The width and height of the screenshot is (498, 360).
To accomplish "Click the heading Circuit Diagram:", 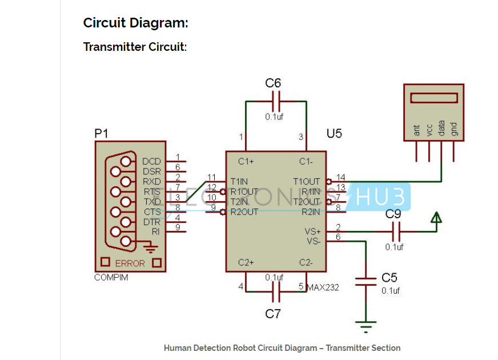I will point(135,23).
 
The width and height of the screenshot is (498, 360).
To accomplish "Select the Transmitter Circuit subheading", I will point(135,47).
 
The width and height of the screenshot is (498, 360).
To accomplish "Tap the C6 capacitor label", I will point(273,83).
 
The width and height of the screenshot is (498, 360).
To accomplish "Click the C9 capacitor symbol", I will point(397,231).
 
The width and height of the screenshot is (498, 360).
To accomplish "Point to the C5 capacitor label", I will point(389,278).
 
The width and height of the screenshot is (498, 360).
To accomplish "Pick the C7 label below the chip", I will point(273,314).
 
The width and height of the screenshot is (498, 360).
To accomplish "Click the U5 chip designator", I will point(334,134).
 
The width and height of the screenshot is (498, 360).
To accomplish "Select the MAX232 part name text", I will point(323,287).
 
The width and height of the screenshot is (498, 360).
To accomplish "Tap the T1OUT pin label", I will point(307,182).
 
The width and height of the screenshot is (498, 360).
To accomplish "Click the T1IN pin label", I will point(239,182).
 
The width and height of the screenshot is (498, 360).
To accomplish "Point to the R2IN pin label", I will point(311,212).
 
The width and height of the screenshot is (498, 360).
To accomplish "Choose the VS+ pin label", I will point(313,231).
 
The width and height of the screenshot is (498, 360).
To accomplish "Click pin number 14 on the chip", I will point(341,178).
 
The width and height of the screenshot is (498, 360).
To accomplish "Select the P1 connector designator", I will point(101,134).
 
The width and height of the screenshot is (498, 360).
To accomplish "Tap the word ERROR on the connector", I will point(130,264).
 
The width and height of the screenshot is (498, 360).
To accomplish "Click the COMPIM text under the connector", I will point(111,278).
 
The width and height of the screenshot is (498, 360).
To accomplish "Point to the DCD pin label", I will point(151,162).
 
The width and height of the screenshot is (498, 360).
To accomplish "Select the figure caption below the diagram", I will point(282,348).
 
